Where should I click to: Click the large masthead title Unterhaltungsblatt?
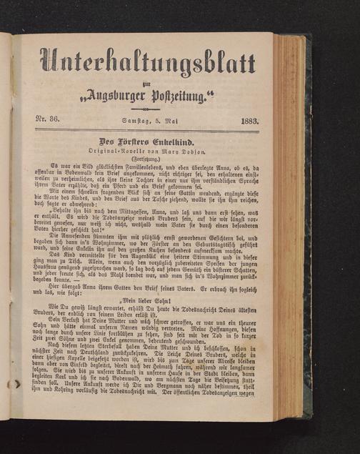click(x=147, y=61)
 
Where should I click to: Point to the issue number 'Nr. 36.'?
click(x=50, y=122)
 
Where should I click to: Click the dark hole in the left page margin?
click(x=16, y=384)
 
